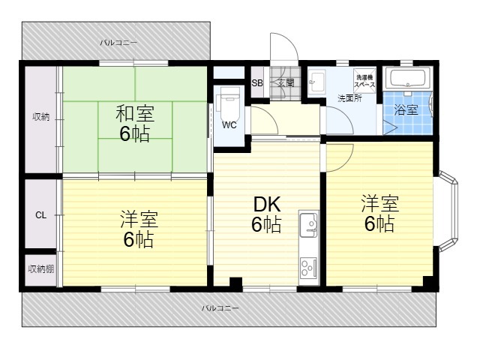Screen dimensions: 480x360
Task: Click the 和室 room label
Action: point(135,113)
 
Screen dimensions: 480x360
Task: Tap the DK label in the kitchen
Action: point(267,205)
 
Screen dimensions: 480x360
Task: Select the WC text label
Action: point(229,125)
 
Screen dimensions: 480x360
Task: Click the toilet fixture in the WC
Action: point(228,100)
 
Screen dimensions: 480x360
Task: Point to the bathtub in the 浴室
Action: point(407,78)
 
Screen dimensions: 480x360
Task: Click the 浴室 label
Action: point(406,109)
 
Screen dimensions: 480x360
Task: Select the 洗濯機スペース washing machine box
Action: point(364,79)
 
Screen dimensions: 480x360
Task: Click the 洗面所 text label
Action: point(349,98)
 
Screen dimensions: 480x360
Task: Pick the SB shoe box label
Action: point(257,83)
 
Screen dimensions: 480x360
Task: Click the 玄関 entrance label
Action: point(286,82)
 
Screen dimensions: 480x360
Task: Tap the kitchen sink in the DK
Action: point(308,225)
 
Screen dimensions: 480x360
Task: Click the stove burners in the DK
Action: point(308,268)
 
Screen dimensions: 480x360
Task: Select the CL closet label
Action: point(40,215)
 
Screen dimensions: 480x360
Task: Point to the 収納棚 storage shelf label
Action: point(41,269)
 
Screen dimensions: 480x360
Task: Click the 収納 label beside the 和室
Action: point(41,117)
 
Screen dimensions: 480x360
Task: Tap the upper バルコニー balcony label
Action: point(118,43)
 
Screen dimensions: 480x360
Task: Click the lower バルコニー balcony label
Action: point(220,308)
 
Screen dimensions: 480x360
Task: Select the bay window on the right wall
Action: point(448,211)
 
